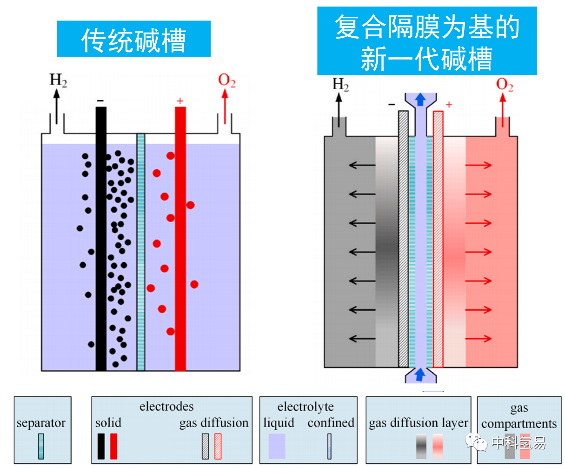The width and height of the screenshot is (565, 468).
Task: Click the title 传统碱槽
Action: coord(133,40)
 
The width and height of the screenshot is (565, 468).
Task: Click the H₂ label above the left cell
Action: coord(58,80)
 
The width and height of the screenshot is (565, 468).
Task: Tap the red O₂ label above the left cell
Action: coord(226,80)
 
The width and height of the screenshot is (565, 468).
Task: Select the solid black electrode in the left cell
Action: coord(101,239)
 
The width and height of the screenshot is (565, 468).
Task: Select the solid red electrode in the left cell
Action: coord(180,239)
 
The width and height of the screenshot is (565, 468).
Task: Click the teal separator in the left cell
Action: coord(141,252)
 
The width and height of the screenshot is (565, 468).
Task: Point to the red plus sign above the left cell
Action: coord(180,101)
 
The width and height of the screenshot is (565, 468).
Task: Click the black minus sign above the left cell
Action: coord(100,100)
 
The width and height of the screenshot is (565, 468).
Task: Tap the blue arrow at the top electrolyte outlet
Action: coord(420,100)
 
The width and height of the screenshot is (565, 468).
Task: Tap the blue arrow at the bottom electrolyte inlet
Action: coord(420,374)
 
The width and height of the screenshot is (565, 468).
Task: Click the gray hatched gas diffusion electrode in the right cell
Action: coord(403,239)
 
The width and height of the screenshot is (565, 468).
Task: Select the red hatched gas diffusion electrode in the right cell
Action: coord(438,239)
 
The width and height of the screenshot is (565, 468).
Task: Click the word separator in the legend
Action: coord(41,423)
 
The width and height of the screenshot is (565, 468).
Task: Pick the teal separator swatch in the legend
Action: coord(41,446)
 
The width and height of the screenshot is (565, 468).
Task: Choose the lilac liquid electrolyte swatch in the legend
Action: coord(277,446)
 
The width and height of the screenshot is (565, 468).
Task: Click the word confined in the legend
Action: coord(331,422)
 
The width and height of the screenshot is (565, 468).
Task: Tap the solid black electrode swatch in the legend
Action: coord(101,446)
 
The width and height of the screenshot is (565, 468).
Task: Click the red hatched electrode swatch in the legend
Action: coord(218,446)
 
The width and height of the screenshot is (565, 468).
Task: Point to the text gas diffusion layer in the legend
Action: coord(419,423)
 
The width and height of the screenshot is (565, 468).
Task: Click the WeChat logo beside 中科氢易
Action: coord(476,441)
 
